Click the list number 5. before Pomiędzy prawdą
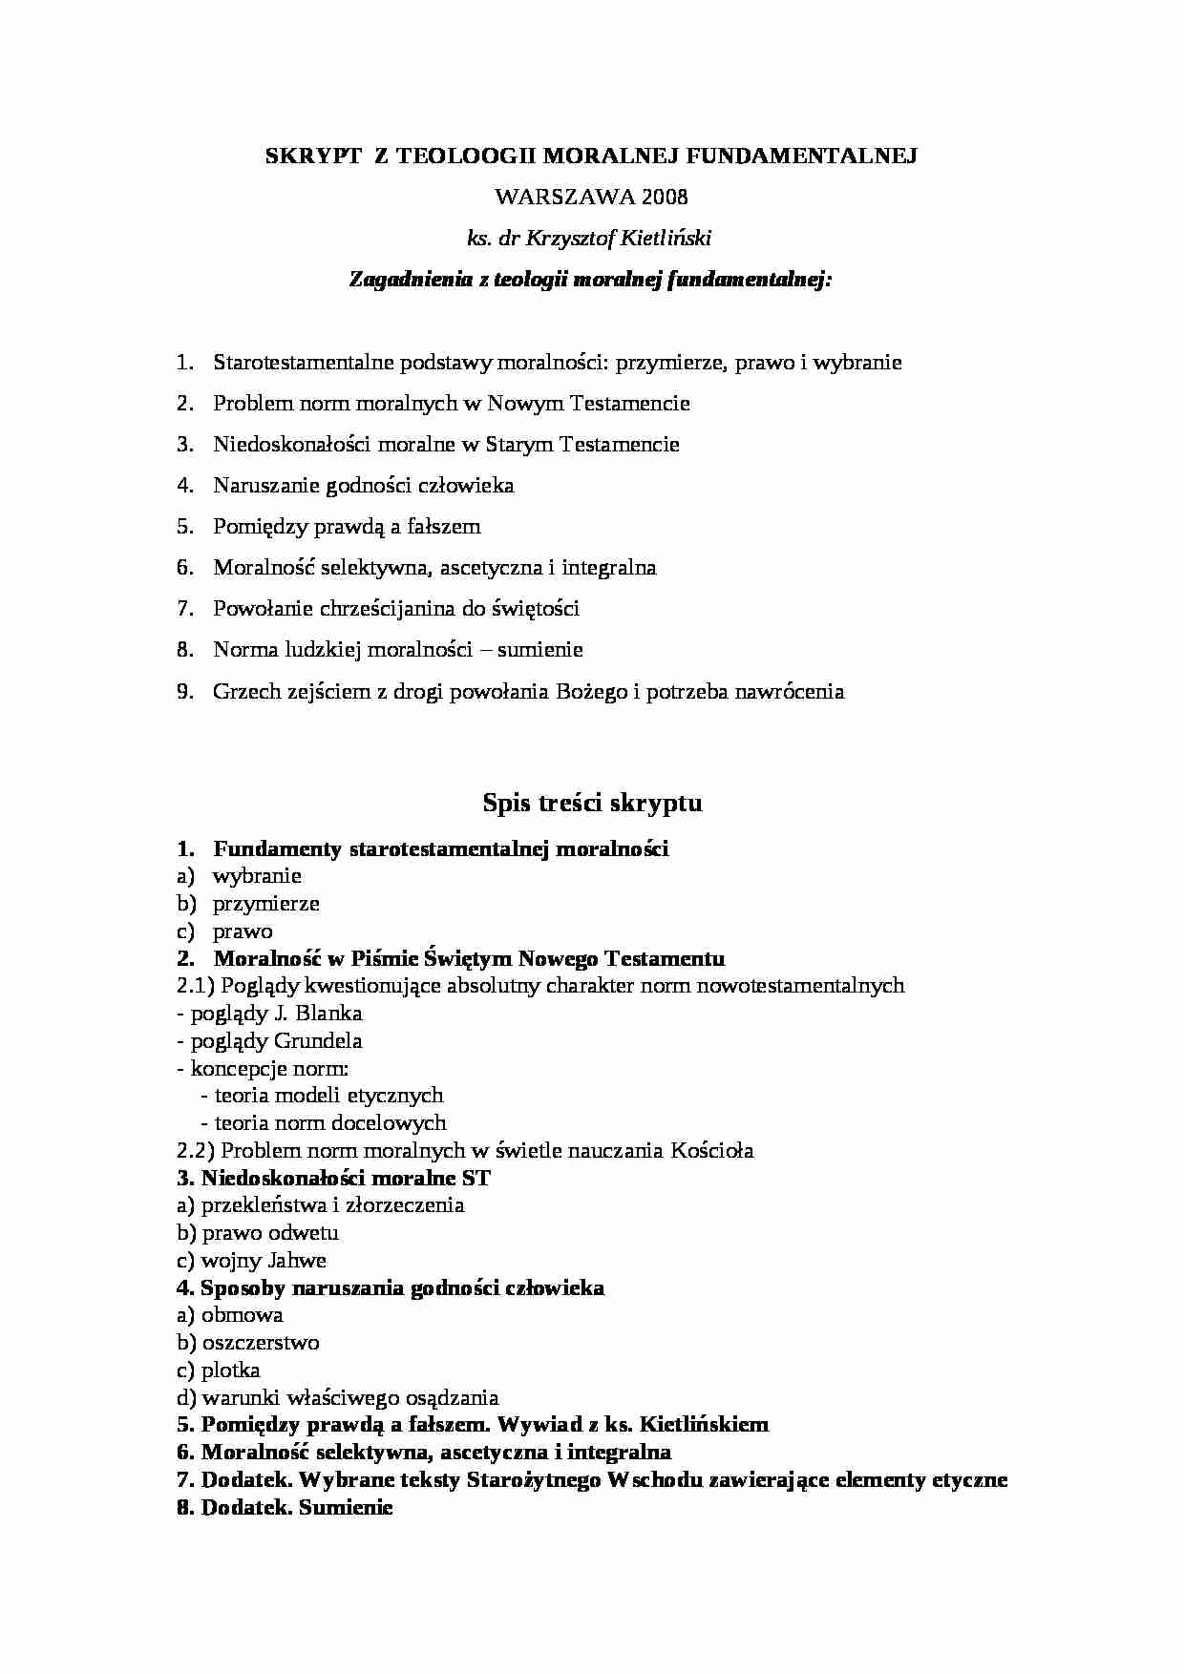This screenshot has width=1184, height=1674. pos(185,527)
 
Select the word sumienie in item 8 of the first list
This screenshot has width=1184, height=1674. pos(539,650)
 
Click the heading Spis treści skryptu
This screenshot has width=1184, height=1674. pos(592,803)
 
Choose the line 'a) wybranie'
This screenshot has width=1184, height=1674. pos(239,876)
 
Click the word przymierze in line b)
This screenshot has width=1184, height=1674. pos(265,904)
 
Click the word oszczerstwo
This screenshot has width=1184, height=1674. pos(261,1343)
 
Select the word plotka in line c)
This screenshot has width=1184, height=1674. pos(230,1371)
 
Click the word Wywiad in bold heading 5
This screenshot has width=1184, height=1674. pos(533,1425)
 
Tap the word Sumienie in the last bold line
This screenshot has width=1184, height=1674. pos(346,1508)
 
